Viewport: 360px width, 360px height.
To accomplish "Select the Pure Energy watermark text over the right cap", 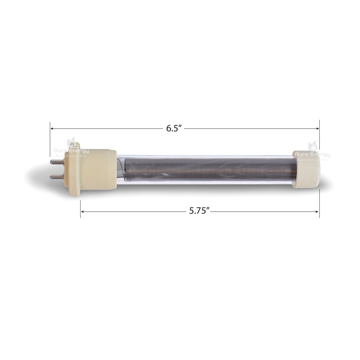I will pos(312,154).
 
